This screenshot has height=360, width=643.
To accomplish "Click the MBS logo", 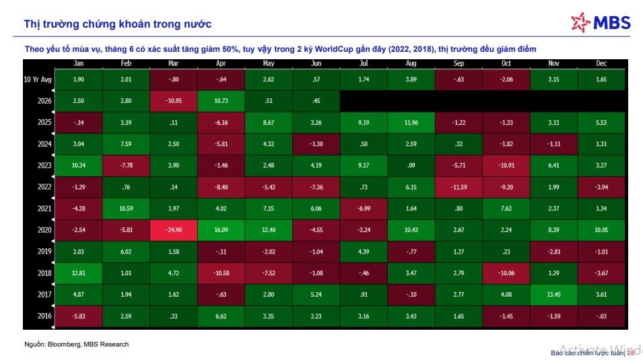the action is point(601,22).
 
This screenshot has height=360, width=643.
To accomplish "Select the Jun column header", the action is point(316,63).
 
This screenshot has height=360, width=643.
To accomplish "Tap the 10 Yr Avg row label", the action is point(38,79).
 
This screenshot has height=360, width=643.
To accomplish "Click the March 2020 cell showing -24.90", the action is point(174,230).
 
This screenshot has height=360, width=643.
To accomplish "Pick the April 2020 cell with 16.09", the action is point(221,230).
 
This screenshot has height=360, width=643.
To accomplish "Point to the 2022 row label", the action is point(44,187).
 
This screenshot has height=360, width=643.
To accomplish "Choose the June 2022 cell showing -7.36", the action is point(316,187).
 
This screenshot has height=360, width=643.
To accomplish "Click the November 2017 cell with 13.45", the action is point(553,295).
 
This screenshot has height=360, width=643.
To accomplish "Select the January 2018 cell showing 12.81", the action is point(78,273).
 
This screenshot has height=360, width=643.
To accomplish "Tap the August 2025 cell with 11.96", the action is point(411,122).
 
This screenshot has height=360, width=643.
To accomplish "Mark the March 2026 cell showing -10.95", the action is point(174,101).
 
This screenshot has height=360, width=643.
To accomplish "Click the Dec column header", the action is point(601,63).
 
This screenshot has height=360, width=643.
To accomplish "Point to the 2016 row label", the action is point(44,316).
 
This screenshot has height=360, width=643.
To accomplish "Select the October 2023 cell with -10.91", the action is point(506,166).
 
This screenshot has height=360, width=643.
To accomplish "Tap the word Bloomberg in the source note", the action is point(65,345).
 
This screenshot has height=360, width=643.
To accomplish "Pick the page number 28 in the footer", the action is point(631,353).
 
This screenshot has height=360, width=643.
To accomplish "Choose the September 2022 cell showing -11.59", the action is point(459,187).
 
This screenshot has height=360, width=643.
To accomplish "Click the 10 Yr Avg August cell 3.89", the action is point(411,79).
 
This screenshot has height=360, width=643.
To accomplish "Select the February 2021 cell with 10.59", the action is point(126,209).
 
